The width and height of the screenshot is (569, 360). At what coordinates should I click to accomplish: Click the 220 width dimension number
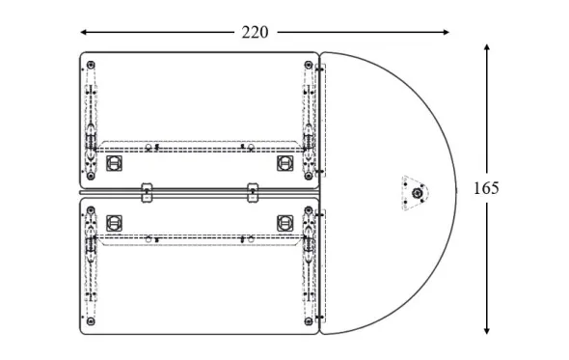[256, 32]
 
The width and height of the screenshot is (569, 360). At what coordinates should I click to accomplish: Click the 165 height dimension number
[486, 188]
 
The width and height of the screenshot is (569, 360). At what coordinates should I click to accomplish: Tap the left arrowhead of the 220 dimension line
[83, 32]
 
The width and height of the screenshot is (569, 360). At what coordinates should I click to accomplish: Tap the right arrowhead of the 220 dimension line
[446, 32]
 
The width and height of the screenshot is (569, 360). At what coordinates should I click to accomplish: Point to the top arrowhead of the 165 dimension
[487, 47]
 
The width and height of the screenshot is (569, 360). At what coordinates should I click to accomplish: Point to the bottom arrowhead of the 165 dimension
[487, 331]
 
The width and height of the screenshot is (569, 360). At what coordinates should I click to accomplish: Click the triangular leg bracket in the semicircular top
[415, 193]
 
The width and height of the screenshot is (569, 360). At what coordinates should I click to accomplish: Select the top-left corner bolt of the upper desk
[91, 65]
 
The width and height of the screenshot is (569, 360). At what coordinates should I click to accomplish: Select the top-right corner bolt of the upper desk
[309, 65]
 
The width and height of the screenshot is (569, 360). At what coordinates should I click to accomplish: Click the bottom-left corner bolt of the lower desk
[91, 321]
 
